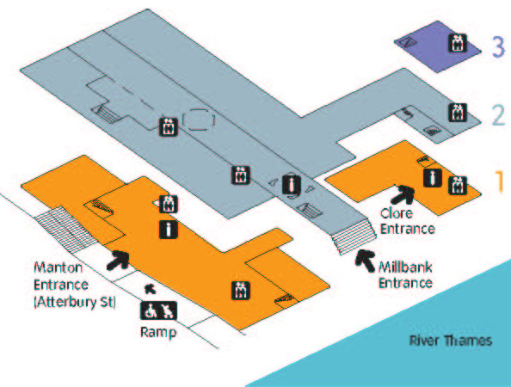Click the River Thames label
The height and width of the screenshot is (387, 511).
pyautogui.click(x=451, y=341)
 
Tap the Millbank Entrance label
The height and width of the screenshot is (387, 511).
pyautogui.click(x=406, y=275)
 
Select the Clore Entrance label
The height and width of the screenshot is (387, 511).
pyautogui.click(x=408, y=221)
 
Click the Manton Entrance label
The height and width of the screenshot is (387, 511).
pyautogui.click(x=75, y=285)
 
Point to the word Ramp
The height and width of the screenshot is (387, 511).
pyautogui.click(x=158, y=332)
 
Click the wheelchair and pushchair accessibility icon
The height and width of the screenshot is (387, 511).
pyautogui.click(x=158, y=310)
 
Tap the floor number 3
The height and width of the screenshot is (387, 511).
pyautogui.click(x=498, y=46)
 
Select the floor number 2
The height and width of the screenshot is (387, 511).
pyautogui.click(x=498, y=114)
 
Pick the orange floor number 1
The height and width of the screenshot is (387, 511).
pyautogui.click(x=500, y=181)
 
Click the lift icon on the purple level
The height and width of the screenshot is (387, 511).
pyautogui.click(x=458, y=43)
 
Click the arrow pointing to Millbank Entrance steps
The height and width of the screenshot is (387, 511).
pyautogui.click(x=365, y=261)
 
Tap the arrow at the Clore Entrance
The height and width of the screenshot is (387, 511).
pyautogui.click(x=403, y=194)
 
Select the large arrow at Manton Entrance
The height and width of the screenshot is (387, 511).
pyautogui.click(x=118, y=260)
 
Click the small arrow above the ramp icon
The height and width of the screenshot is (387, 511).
pyautogui.click(x=151, y=289)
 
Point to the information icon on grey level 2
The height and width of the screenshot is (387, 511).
pyautogui.click(x=292, y=184)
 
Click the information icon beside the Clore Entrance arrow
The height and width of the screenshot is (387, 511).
pyautogui.click(x=433, y=178)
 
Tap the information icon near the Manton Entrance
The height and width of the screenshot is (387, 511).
pyautogui.click(x=169, y=229)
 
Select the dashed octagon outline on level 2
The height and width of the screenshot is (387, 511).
pyautogui.click(x=199, y=120)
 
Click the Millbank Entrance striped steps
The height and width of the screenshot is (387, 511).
pyautogui.click(x=354, y=236)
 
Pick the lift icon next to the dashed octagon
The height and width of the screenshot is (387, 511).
pyautogui.click(x=169, y=126)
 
